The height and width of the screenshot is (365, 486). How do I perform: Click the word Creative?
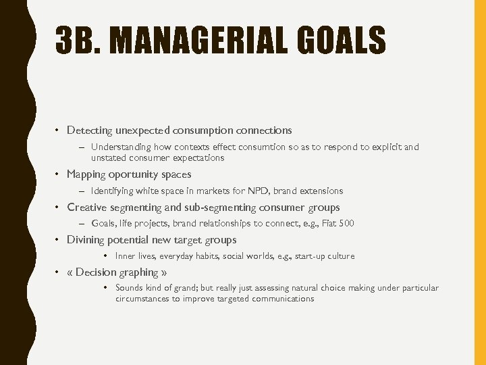tap(87, 208)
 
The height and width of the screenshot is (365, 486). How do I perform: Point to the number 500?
tap(346, 223)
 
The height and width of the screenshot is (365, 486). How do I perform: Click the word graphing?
tap(138, 272)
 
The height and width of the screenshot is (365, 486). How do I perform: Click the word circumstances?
tap(143, 299)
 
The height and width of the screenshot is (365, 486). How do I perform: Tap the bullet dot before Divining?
tap(59, 240)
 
